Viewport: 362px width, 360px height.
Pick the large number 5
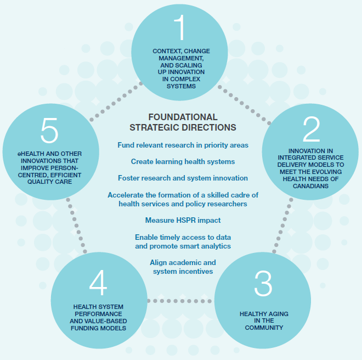pyautogui.click(x=49, y=130)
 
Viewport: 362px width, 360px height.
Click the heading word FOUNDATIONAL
pyautogui.click(x=183, y=117)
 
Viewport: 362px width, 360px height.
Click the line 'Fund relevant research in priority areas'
pyautogui.click(x=183, y=145)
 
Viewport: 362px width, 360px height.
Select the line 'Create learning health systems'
pyautogui.click(x=183, y=161)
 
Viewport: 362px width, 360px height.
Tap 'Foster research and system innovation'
pyautogui.click(x=183, y=178)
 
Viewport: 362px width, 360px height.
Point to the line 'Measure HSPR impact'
pyautogui.click(x=183, y=220)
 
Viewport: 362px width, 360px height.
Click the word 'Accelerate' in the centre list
pyautogui.click(x=127, y=195)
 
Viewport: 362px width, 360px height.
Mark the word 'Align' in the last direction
pyautogui.click(x=159, y=262)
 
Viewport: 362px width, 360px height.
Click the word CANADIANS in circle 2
pyautogui.click(x=310, y=186)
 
